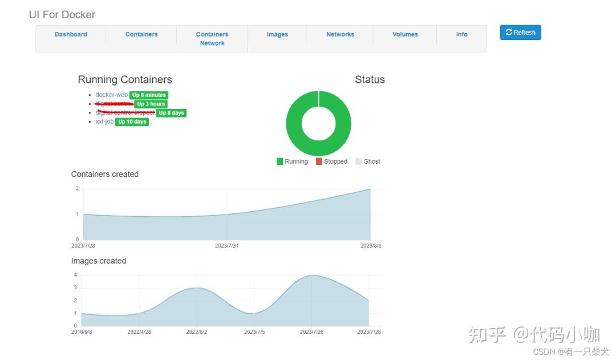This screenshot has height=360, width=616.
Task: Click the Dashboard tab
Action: coord(71,34)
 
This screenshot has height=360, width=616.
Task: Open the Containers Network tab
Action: coord(212,39)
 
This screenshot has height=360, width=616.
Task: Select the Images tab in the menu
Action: coord(277,34)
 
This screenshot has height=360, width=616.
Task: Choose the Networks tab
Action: coord(340,34)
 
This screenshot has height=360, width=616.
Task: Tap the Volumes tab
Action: coord(405,34)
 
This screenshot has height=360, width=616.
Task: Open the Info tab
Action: coord(461,34)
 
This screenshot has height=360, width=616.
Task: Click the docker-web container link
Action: coord(111,95)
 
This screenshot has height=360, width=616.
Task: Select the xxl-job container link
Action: coord(104,122)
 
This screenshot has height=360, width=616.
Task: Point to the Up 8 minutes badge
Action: coord(149,95)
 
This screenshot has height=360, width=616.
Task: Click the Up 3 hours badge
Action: coord(151,104)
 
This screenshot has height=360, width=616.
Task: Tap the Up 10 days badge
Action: coord(132,122)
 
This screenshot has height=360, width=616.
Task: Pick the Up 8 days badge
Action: coord(171,113)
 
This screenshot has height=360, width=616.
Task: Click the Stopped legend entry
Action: coord(332,161)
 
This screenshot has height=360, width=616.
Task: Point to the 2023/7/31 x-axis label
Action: coord(227,246)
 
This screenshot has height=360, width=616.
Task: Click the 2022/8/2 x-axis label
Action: coord(197,331)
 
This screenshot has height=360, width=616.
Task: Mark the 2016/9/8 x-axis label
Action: coord(82,331)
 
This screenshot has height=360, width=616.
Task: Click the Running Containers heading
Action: coord(125,80)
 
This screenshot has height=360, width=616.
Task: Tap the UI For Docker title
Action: coord(62,14)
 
